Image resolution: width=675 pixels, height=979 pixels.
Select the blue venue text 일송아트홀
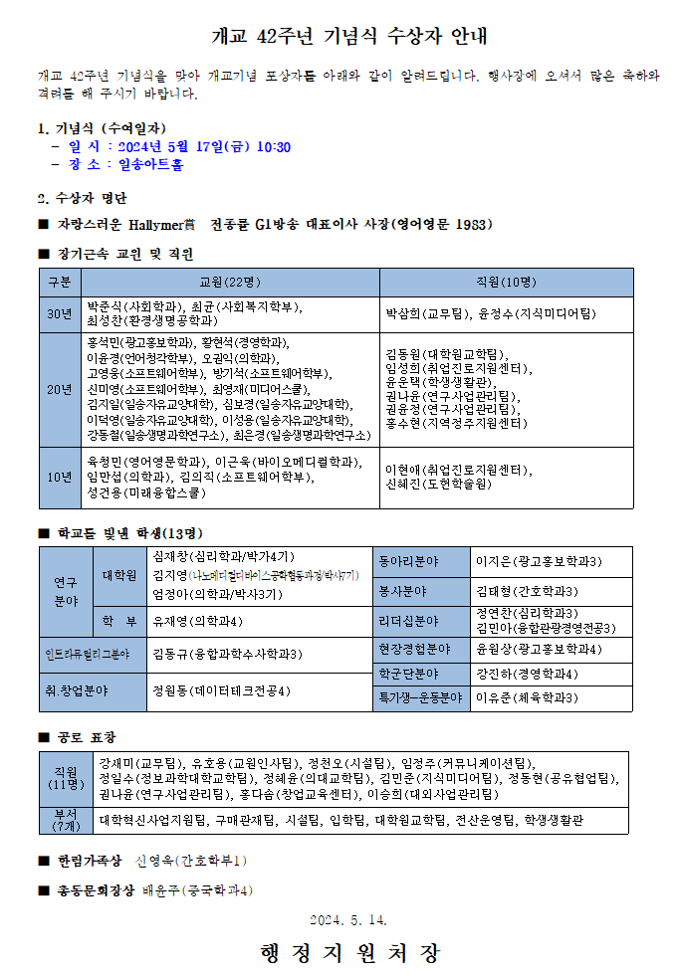tap(150, 164)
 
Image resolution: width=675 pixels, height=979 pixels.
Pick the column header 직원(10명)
tap(506, 283)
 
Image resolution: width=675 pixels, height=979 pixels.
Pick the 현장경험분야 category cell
tap(416, 650)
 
